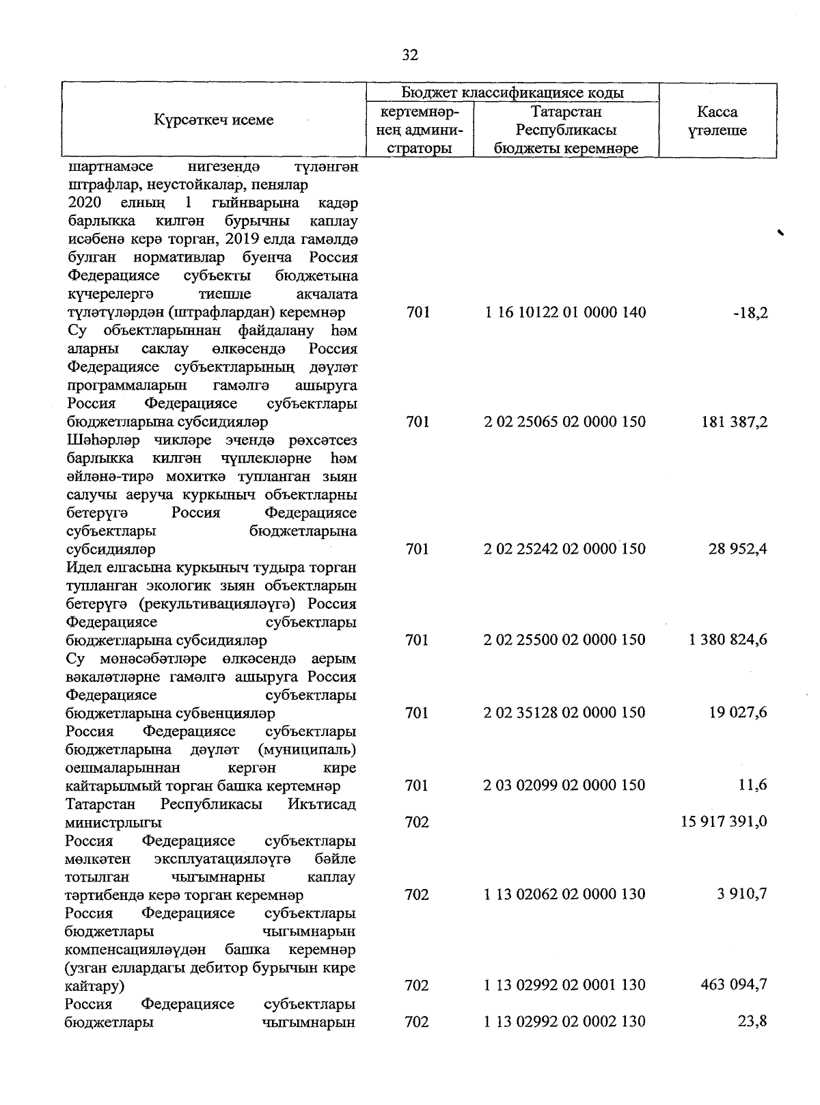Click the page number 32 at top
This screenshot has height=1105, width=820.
(x=410, y=55)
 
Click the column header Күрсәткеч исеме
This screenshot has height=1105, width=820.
(x=213, y=120)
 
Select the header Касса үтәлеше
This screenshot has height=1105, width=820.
(x=717, y=121)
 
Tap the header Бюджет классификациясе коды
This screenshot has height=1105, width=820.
(x=512, y=92)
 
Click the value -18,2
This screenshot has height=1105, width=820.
(x=752, y=313)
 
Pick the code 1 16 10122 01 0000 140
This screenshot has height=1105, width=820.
(x=565, y=313)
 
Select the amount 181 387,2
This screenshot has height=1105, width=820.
(x=735, y=422)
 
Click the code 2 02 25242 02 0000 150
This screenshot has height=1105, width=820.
(x=565, y=549)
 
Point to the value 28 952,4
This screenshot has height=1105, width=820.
(x=739, y=549)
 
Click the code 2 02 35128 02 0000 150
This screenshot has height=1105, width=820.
(x=565, y=713)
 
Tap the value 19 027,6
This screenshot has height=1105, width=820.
(x=739, y=713)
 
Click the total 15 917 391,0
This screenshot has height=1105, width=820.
(x=724, y=822)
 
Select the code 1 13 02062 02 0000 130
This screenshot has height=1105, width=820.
(x=565, y=895)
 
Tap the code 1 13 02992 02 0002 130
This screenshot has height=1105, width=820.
(x=565, y=1022)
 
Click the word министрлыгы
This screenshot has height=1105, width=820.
(x=114, y=822)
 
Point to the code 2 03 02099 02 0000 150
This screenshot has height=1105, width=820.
(x=565, y=786)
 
